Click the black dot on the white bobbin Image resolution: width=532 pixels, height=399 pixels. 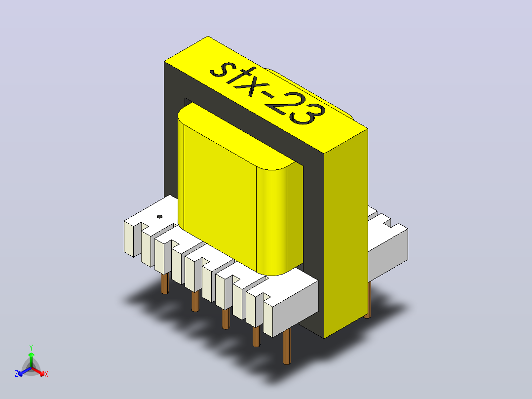[159, 217]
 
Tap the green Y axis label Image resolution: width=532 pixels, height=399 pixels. [31, 347]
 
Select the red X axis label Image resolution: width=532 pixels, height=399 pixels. [46, 374]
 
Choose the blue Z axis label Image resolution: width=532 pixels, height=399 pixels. [16, 374]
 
